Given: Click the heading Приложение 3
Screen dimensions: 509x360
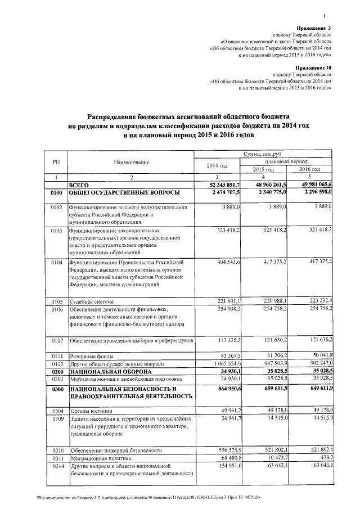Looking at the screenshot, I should tap(314, 28).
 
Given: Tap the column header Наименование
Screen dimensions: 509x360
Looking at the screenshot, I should tap(131, 162).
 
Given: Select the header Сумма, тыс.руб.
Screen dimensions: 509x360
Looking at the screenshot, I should tap(263, 154).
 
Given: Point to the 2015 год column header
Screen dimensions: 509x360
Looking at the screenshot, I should tap(263, 169).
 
